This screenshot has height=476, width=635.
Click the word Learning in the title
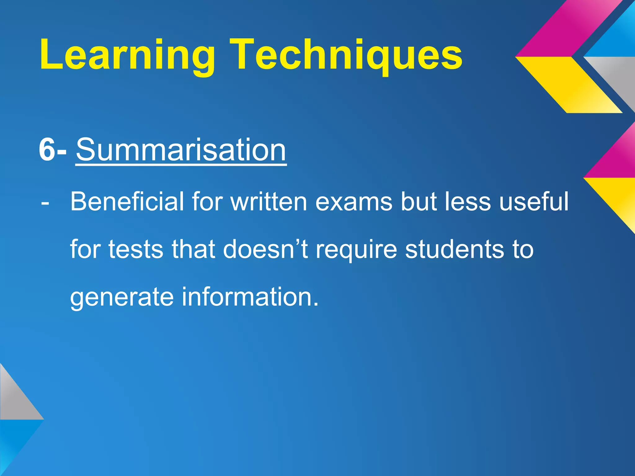pyautogui.click(x=127, y=55)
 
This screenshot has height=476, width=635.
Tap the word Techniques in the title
pyautogui.click(x=347, y=55)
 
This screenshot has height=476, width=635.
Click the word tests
pyautogui.click(x=136, y=250)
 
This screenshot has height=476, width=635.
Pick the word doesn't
pyautogui.click(x=265, y=250)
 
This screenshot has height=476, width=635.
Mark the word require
pyautogui.click(x=356, y=250)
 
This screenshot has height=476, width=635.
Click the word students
pyautogui.click(x=455, y=250)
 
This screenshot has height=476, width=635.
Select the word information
pyautogui.click(x=250, y=297)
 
